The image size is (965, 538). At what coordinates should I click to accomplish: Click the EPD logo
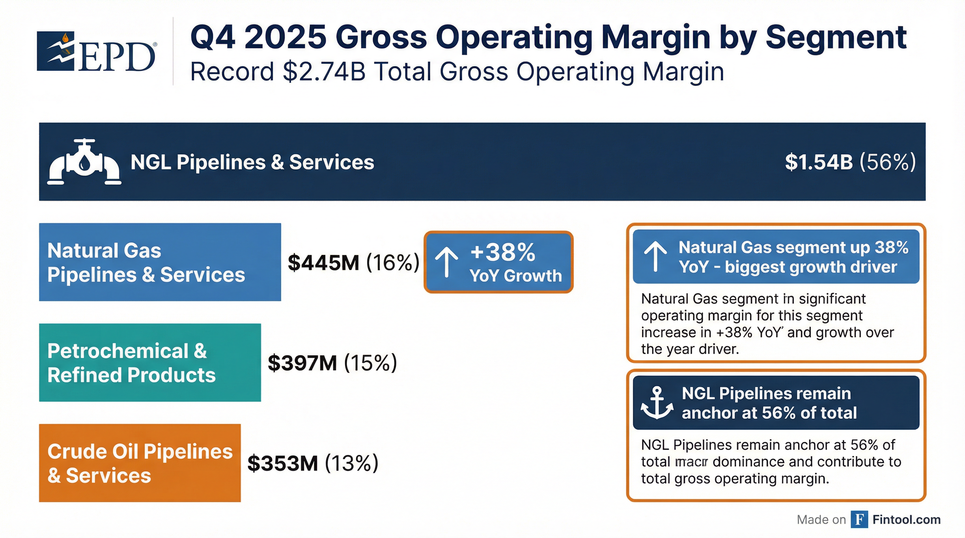96,51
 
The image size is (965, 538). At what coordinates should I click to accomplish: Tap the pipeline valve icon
84,162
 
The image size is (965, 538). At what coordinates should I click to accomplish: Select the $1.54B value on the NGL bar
818,162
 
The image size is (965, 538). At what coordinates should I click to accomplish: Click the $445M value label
323,262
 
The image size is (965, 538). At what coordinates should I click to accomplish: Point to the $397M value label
302,363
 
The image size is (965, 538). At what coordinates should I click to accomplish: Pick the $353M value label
283,463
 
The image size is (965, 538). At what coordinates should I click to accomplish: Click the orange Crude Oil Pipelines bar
140,463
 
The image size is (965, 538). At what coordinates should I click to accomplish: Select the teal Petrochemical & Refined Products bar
150,363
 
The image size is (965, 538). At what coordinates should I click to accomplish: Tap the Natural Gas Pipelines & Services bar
160,262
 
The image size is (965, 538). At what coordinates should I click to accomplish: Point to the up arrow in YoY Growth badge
446,262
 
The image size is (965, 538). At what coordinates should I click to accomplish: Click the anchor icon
657,403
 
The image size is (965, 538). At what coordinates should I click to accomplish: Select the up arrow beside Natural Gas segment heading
655,256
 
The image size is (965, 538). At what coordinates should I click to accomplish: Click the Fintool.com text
906,520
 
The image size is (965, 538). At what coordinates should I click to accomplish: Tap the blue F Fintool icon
859,520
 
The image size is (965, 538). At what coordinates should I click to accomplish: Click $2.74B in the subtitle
324,71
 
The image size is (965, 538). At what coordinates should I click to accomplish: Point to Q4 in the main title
213,37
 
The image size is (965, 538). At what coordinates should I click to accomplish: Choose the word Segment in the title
836,37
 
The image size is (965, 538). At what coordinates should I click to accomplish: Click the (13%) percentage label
351,463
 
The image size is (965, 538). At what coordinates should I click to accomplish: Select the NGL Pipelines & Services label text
252,162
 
